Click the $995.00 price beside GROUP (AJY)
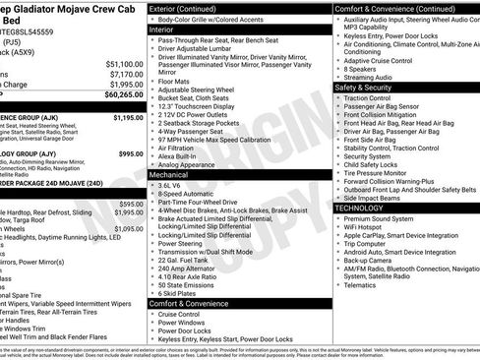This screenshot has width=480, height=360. [x=130, y=154]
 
